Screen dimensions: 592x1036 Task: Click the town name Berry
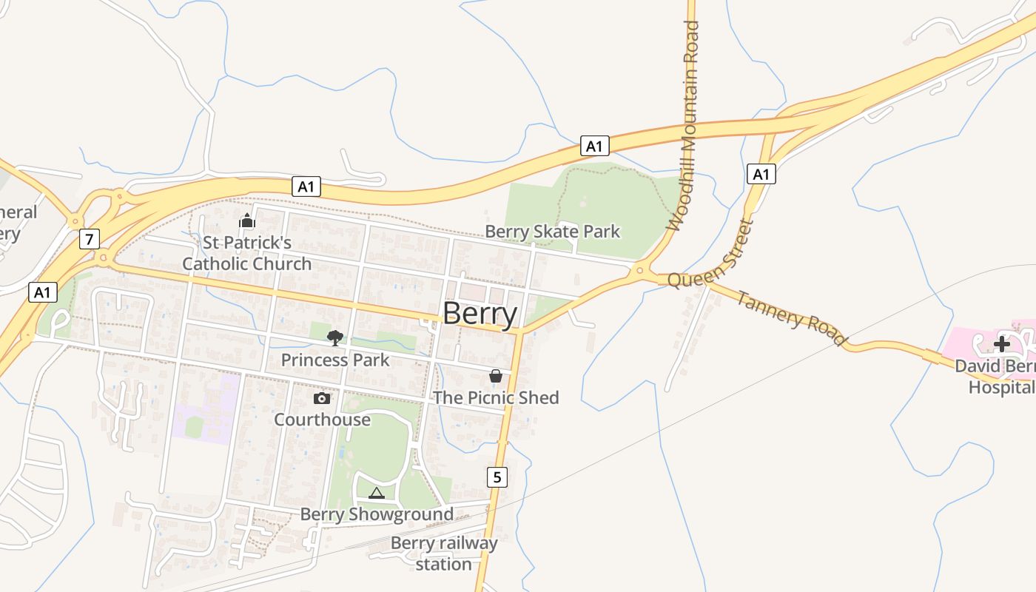click(x=480, y=314)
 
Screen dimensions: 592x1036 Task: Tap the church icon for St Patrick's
click(x=246, y=221)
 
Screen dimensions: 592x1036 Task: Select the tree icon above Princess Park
click(x=334, y=338)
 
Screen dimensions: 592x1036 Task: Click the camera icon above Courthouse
click(x=321, y=398)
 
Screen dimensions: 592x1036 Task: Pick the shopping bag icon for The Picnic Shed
click(x=495, y=376)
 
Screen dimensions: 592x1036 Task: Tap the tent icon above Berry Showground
click(x=377, y=493)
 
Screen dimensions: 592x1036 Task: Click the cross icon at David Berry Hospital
click(x=1001, y=344)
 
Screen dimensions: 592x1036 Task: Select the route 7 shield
click(x=89, y=239)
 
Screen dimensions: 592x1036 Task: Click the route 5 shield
click(x=497, y=477)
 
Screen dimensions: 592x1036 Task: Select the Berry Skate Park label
click(x=552, y=232)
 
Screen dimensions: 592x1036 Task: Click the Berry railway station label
click(x=444, y=554)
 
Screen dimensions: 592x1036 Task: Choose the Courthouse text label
click(x=322, y=420)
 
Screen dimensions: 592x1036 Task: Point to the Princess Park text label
click(x=334, y=360)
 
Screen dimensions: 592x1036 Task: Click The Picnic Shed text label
click(x=496, y=397)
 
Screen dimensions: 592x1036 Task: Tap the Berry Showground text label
click(x=377, y=514)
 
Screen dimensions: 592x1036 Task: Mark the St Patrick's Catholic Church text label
click(x=247, y=253)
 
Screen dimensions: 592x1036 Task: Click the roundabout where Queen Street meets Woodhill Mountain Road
click(x=639, y=271)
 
